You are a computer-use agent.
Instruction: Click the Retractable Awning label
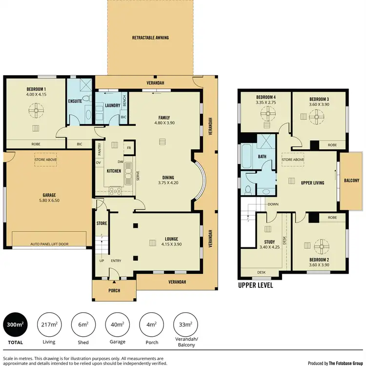150,38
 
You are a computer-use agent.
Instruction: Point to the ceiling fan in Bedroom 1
36,112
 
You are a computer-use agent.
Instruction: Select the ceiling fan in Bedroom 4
266,115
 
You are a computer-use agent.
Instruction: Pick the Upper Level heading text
255,285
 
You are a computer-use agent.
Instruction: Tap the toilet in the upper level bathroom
248,189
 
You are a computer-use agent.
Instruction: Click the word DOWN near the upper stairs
273,204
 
